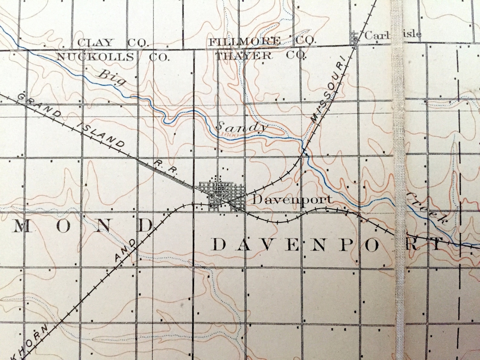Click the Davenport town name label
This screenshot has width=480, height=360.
(292, 199)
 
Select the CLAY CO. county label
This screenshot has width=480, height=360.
(112, 43)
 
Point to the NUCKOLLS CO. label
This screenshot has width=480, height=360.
(112, 57)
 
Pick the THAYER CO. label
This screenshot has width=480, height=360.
(261, 55)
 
